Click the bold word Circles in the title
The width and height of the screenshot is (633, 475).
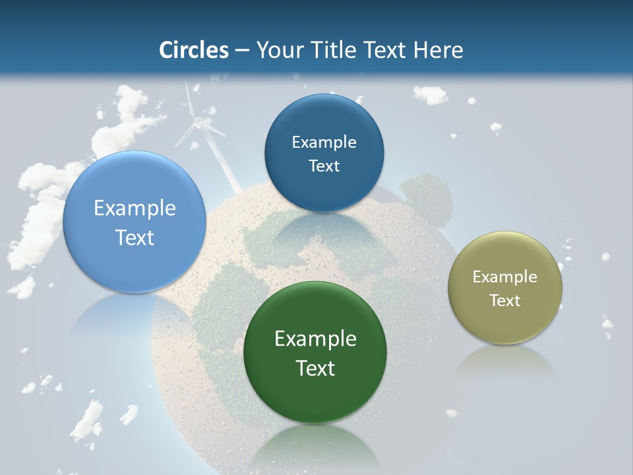click(194, 50)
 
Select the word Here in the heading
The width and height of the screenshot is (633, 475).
click(438, 50)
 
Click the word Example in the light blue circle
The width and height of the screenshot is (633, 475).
click(135, 208)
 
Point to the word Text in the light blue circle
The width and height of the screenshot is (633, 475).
click(135, 237)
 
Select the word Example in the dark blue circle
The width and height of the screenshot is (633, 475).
click(324, 142)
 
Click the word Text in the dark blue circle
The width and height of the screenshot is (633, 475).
click(324, 166)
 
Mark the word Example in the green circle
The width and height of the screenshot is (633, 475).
click(315, 338)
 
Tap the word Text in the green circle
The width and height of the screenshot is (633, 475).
click(315, 368)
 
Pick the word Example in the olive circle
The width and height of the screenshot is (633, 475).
click(505, 276)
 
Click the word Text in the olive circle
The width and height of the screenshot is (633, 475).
click(505, 301)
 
